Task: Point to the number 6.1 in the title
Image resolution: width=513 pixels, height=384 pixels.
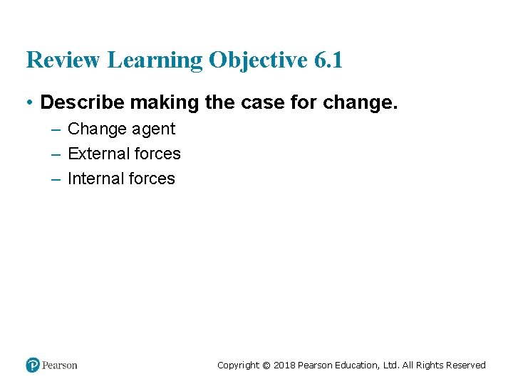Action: click(x=328, y=60)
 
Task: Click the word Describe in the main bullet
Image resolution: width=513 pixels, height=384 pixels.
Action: click(x=77, y=102)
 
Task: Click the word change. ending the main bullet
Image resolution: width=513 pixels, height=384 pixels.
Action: click(x=360, y=102)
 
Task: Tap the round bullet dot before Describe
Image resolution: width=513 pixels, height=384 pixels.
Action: click(x=30, y=103)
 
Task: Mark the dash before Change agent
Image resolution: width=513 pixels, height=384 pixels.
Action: click(x=56, y=129)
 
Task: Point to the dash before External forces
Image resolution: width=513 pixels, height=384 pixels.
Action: click(x=56, y=154)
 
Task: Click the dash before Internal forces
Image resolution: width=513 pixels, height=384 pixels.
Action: click(x=56, y=179)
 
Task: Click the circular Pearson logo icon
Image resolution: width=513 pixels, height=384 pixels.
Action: click(x=33, y=366)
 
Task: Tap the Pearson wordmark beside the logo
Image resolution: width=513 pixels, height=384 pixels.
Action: click(x=60, y=366)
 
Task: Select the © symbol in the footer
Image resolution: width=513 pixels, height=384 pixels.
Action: click(x=266, y=366)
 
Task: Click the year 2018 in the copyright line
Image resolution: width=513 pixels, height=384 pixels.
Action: click(x=284, y=366)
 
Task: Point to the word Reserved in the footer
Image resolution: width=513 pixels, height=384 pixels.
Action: click(x=466, y=366)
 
